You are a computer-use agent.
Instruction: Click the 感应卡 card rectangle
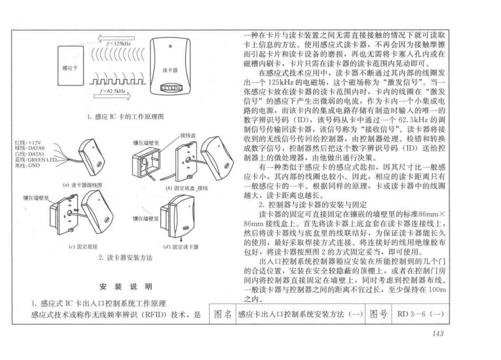71,65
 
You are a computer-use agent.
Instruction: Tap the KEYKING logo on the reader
171,88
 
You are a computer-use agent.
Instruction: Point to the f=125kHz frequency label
119,43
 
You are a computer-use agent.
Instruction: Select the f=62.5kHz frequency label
112,91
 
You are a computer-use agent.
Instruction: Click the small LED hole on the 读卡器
170,46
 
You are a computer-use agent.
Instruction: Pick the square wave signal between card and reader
117,81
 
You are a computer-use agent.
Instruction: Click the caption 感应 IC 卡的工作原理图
126,117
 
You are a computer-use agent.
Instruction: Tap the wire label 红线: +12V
28,143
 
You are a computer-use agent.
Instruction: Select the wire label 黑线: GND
27,165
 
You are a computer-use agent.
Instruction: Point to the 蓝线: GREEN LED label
36,160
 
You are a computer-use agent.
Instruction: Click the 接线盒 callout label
188,135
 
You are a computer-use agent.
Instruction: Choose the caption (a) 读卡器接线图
82,185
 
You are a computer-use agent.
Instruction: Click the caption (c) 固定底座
83,247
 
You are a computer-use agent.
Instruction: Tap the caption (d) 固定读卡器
181,247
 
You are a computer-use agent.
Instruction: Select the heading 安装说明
126,287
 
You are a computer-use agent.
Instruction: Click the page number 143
438,334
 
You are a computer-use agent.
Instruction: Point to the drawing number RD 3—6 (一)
420,314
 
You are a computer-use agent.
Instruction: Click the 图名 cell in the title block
223,314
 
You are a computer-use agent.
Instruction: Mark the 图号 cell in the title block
378,314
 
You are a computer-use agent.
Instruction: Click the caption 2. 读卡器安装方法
126,258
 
